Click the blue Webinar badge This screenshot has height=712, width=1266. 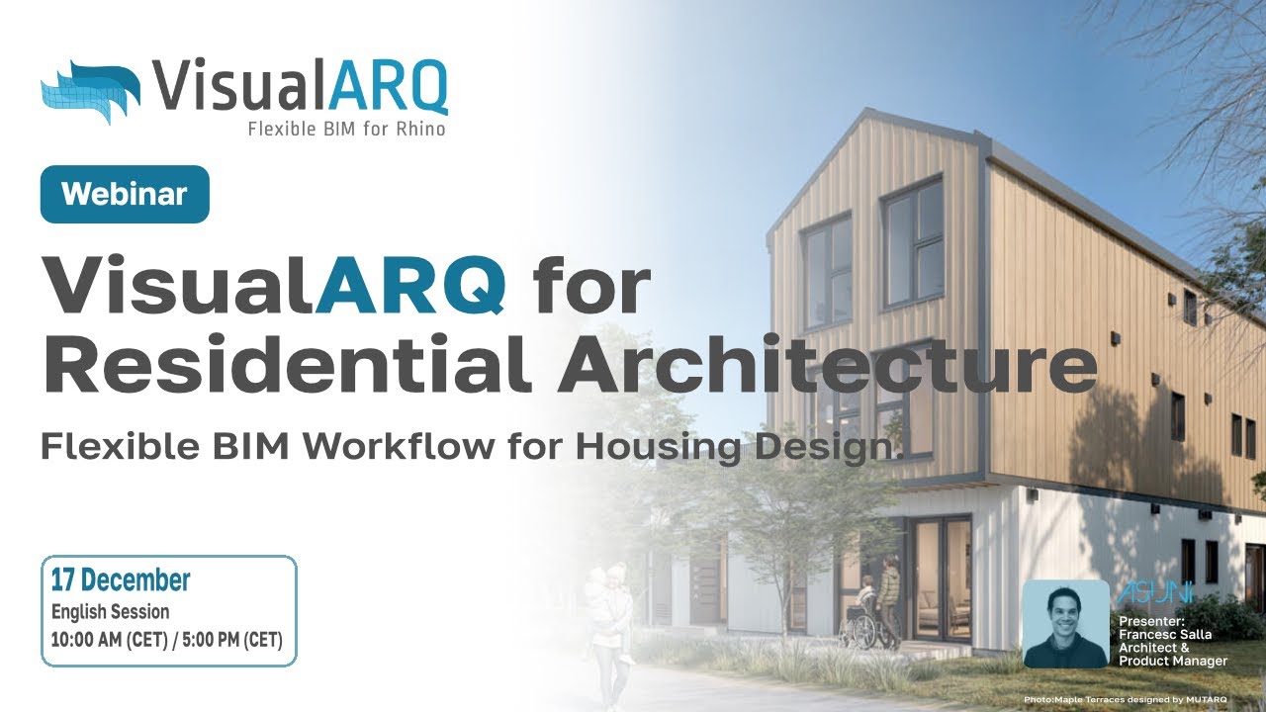point(125,194)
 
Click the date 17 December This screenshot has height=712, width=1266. point(121,579)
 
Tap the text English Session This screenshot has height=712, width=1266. point(111,612)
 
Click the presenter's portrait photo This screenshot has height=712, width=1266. point(1065,624)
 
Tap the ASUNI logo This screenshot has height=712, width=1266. point(1155,593)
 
